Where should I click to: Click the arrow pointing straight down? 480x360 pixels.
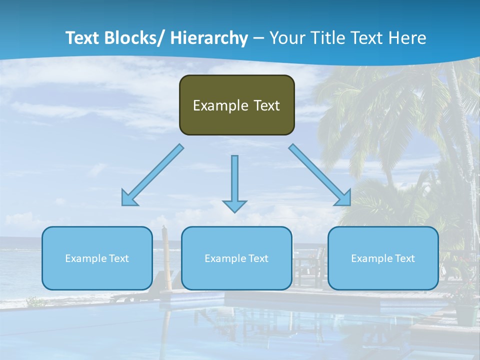pos(234,182)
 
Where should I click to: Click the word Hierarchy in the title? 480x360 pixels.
pos(209,38)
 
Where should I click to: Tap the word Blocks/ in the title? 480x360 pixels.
pos(136,38)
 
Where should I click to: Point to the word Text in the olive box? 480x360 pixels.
pos(266,105)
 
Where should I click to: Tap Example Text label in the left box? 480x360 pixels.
pos(97,258)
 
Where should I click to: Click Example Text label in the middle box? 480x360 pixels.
pos(236,258)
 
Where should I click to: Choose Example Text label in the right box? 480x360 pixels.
pos(383,258)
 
